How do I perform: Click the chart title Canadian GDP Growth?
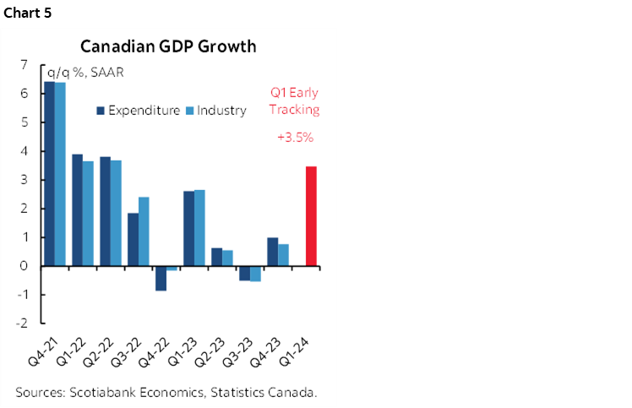168,46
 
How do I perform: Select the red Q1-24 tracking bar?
311,215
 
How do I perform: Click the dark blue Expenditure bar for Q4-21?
49,173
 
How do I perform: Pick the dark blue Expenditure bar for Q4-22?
161,278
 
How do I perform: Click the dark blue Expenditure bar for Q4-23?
272,251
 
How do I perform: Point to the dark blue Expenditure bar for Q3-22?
133,239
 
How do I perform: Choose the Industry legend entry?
221,111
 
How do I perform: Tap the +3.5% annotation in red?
294,137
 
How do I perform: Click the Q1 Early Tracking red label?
294,101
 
